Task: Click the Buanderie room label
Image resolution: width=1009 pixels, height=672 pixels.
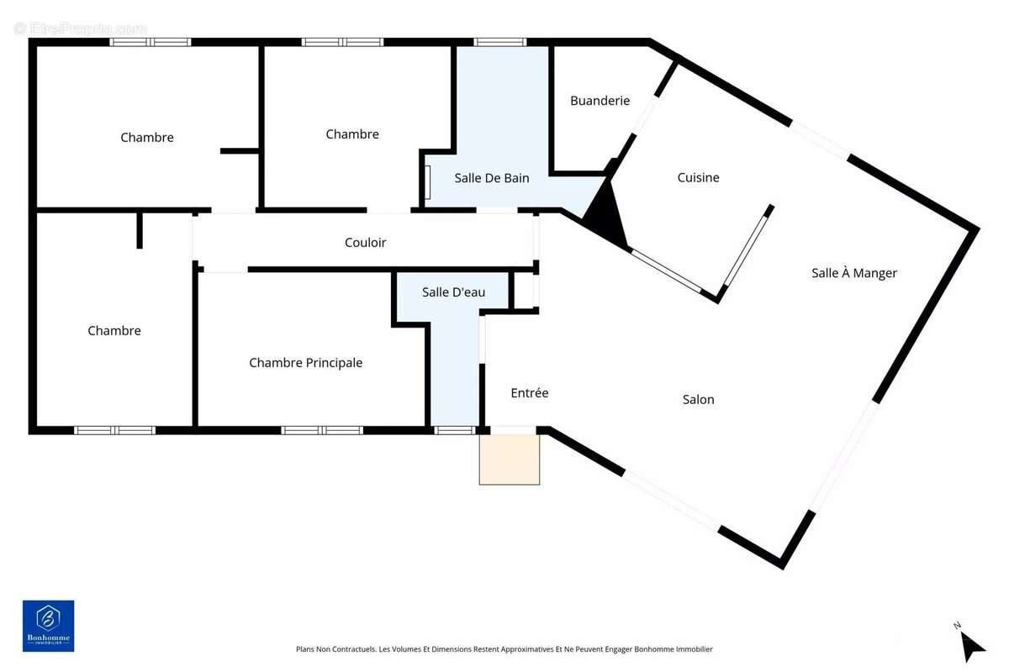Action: pyautogui.click(x=600, y=101)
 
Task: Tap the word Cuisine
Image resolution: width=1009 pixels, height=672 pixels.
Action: pyautogui.click(x=698, y=177)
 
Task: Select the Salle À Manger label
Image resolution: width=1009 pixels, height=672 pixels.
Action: pyautogui.click(x=853, y=273)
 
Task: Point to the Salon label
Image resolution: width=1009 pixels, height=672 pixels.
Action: pyautogui.click(x=698, y=400)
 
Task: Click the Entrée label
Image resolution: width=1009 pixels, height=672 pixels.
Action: pyautogui.click(x=530, y=393)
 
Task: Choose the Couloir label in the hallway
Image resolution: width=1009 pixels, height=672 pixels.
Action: pyautogui.click(x=365, y=243)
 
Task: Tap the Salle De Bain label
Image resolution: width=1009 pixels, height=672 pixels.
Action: pyautogui.click(x=492, y=178)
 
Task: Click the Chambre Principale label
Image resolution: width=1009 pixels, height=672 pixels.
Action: pyautogui.click(x=306, y=363)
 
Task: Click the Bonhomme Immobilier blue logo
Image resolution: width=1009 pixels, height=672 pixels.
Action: pyautogui.click(x=48, y=626)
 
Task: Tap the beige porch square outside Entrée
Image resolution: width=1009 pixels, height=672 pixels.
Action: pyautogui.click(x=510, y=459)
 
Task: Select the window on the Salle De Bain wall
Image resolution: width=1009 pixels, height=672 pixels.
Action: pyautogui.click(x=499, y=42)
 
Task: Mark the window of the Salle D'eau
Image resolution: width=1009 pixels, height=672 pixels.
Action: pyautogui.click(x=455, y=430)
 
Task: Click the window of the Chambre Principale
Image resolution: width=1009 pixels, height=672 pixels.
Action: pyautogui.click(x=322, y=430)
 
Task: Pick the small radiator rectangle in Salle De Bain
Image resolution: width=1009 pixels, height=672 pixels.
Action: pyautogui.click(x=427, y=181)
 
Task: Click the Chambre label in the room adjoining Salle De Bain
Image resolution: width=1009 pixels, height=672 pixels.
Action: pyautogui.click(x=352, y=134)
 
